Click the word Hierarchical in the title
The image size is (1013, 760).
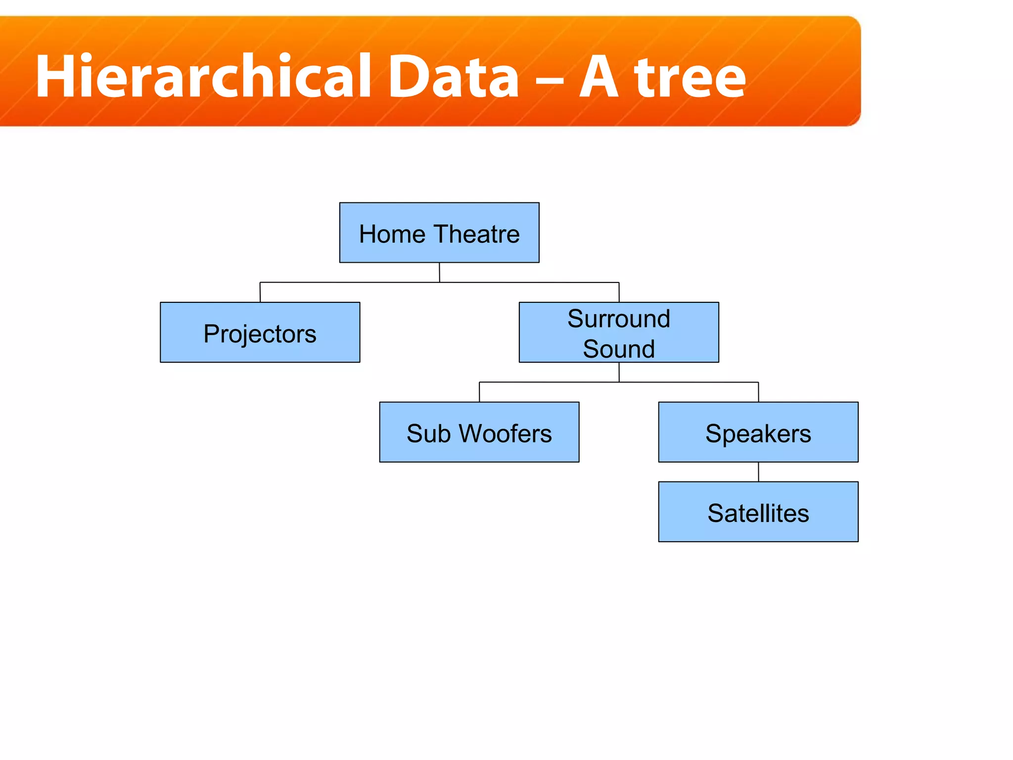pos(203,77)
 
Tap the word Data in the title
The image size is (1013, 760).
pos(454,77)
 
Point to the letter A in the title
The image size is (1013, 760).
pos(599,77)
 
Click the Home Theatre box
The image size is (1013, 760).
pos(439,233)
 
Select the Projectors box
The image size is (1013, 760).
pos(260,332)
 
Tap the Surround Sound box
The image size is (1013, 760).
pos(619,332)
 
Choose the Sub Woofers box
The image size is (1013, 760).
pos(479,432)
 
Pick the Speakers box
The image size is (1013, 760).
pos(758,432)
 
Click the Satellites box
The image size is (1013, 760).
pos(758,512)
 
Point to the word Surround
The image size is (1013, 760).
pos(619,318)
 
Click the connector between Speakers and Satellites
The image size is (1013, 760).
pos(758,472)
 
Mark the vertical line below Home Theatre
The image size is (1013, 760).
pos(439,272)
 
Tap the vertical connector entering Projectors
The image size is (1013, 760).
pos(260,292)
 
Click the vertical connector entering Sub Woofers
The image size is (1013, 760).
pos(479,392)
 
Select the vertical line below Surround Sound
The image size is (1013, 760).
pos(619,372)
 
